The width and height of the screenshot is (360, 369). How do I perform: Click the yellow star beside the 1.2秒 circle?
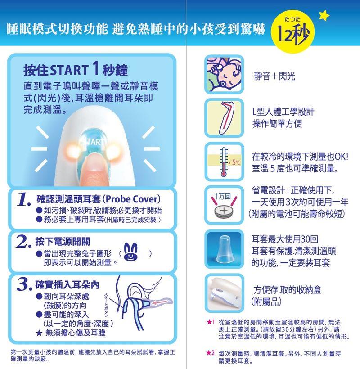click(324, 15)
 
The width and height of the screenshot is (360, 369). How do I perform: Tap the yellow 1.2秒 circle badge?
click(293, 31)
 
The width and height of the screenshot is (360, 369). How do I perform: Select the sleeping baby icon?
click(224, 74)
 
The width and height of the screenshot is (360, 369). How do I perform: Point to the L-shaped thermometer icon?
click(226, 117)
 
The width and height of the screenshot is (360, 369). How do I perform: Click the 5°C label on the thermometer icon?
click(236, 162)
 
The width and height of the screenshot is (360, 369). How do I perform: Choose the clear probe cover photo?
click(224, 249)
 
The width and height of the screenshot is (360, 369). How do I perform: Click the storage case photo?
click(224, 293)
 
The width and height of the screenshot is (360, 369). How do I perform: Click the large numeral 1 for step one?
click(23, 199)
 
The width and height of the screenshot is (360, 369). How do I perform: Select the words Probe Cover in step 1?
click(133, 199)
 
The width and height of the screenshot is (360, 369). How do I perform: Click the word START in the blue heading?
click(69, 70)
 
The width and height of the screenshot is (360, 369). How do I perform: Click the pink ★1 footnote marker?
click(211, 322)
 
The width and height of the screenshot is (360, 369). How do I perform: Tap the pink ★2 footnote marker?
click(211, 353)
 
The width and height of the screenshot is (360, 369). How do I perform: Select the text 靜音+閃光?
click(274, 76)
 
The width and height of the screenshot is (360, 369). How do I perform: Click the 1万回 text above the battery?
click(223, 197)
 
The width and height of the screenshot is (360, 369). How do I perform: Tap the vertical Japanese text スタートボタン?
click(106, 305)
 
